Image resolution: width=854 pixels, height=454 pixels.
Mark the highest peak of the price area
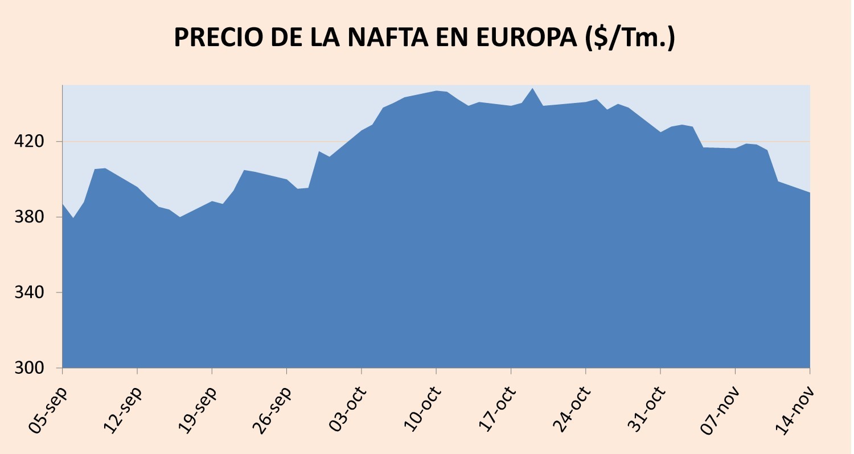pos(532,89)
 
